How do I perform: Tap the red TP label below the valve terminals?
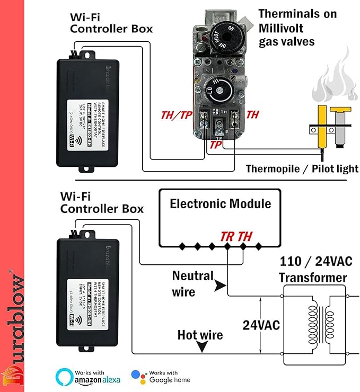click(x=215, y=144)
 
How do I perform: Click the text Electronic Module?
click(x=220, y=204)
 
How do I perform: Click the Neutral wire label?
click(x=192, y=283)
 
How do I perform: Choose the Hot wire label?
click(x=200, y=335)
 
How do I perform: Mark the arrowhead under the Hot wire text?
click(x=201, y=348)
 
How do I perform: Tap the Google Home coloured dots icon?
click(x=139, y=377)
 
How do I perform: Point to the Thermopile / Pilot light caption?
click(x=302, y=169)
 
